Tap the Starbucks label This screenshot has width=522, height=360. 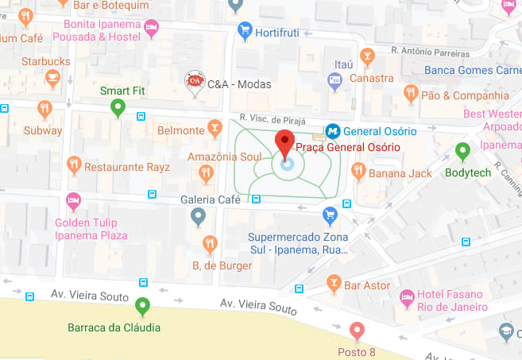[46, 61]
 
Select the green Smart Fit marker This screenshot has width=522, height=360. [118, 107]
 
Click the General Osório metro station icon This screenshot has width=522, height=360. [333, 130]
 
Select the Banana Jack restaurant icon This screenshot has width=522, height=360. [358, 171]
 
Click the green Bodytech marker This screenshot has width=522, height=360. [462, 150]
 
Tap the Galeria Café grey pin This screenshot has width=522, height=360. [199, 215]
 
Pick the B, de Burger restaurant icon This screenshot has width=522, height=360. [210, 242]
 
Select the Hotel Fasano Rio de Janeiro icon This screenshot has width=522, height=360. [408, 297]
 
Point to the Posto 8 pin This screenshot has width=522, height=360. [358, 331]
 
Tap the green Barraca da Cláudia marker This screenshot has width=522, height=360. [142, 305]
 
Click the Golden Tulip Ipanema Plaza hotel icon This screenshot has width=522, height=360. [74, 201]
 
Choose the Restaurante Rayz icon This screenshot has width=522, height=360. [74, 164]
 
